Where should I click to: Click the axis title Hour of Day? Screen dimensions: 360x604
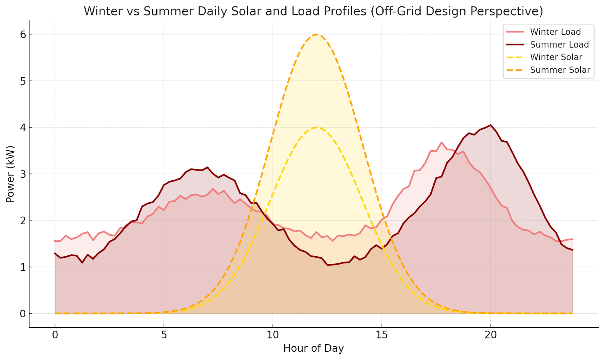click(313, 348)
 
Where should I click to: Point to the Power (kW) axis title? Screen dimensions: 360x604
click(10, 174)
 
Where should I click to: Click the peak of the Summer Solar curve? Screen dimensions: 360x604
click(316, 34)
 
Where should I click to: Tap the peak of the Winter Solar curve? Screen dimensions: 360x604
click(316, 128)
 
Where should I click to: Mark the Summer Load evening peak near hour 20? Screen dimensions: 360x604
click(490, 125)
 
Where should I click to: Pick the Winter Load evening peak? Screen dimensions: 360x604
click(441, 142)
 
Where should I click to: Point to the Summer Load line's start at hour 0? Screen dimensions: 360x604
click(55, 253)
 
